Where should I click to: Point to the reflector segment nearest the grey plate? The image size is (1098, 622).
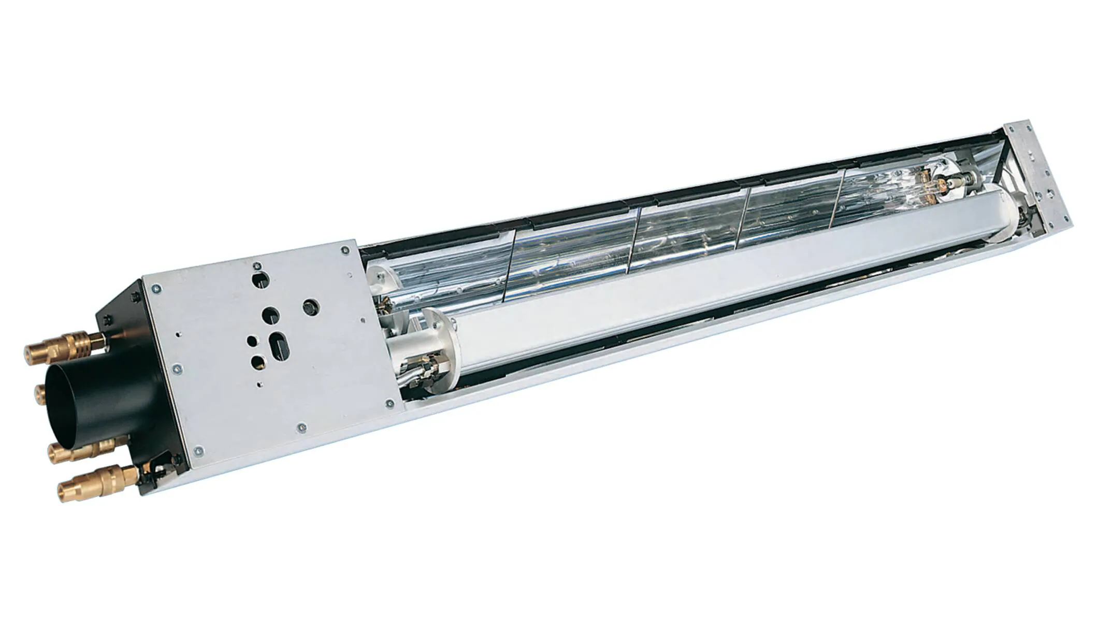(x=440, y=270)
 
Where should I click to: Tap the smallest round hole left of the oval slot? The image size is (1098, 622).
(x=252, y=341)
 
